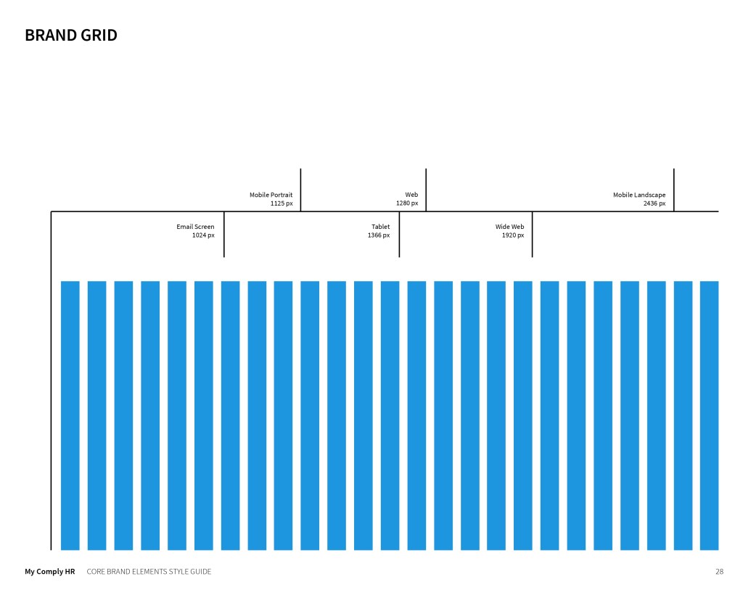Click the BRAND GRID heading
pyautogui.click(x=71, y=35)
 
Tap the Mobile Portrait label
pyautogui.click(x=271, y=195)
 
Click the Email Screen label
pyautogui.click(x=195, y=227)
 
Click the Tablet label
pyautogui.click(x=380, y=227)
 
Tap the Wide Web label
pyautogui.click(x=509, y=227)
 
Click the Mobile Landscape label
pyautogui.click(x=639, y=195)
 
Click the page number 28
pyautogui.click(x=719, y=572)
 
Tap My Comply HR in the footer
pyautogui.click(x=50, y=572)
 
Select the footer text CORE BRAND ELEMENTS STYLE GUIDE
pyautogui.click(x=149, y=572)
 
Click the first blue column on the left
pyautogui.click(x=70, y=414)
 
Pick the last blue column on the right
pyautogui.click(x=709, y=414)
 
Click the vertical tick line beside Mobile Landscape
pyautogui.click(x=674, y=190)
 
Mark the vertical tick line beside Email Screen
pyautogui.click(x=224, y=234)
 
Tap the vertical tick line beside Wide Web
pyautogui.click(x=532, y=234)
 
